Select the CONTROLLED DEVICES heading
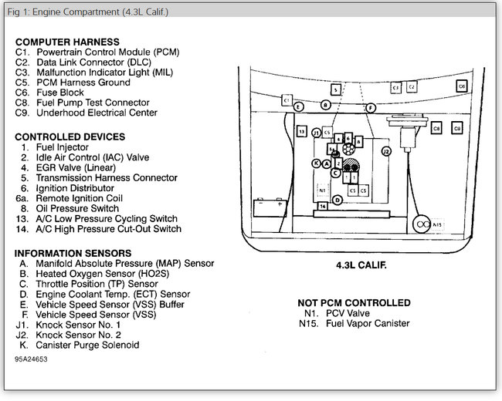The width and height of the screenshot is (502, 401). pos(70,136)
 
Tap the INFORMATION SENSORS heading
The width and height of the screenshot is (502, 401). pos(73,253)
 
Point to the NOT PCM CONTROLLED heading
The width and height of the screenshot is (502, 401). pos(354,303)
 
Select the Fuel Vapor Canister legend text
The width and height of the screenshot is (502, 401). pos(354,324)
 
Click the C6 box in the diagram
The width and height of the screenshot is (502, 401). pos(461,87)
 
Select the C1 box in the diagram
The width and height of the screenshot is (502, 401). pos(287,100)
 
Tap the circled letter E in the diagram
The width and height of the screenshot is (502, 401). pos(299,107)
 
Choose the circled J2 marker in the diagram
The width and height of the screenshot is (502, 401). pos(386,152)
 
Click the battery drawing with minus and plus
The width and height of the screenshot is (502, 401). pos(271,207)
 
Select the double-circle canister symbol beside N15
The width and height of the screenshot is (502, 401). pos(422,224)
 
